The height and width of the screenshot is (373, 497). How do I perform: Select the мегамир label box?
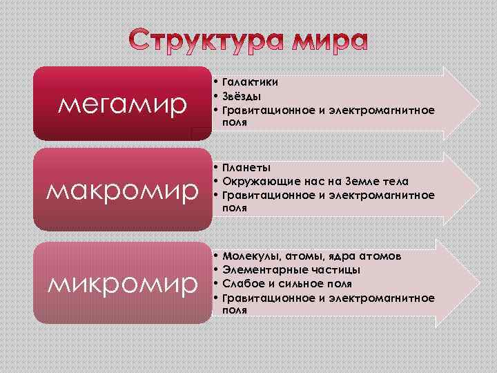[124, 105]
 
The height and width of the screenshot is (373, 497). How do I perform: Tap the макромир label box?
[124, 189]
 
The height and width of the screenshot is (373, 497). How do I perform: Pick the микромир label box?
[124, 283]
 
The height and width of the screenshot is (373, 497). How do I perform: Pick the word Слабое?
[244, 284]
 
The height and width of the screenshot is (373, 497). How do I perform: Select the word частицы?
[330, 270]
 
